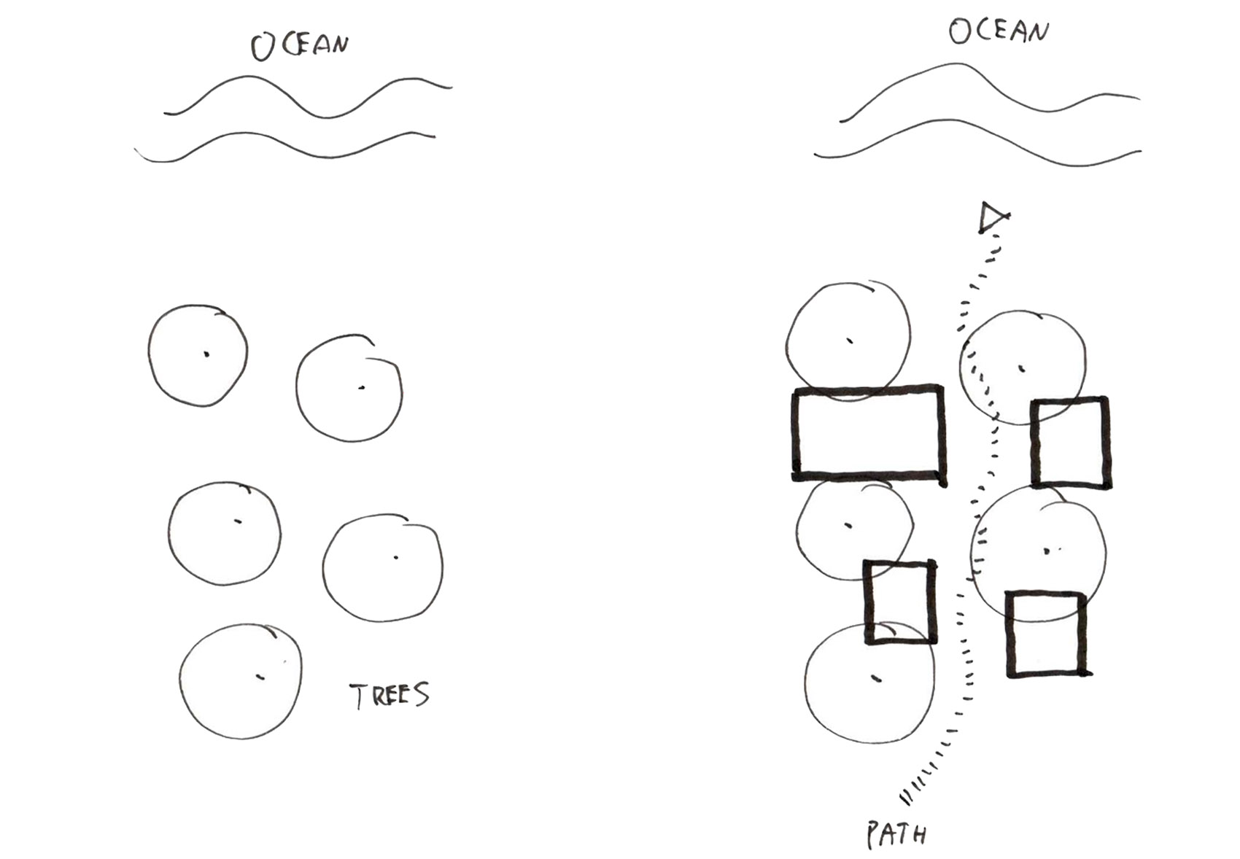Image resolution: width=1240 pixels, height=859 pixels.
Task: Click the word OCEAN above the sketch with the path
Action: point(999,31)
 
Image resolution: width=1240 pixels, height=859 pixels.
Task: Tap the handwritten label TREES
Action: point(390,696)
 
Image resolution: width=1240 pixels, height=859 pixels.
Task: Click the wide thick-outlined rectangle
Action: point(869,433)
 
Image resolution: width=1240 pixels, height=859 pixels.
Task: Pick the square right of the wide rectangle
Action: point(1070,443)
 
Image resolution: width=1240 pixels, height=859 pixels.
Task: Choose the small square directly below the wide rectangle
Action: point(900,602)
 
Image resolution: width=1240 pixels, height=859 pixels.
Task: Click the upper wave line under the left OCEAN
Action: point(309,98)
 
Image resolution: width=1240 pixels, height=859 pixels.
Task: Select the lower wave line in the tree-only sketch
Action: point(284,147)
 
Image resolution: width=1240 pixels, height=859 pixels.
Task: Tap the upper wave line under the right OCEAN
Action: point(990,90)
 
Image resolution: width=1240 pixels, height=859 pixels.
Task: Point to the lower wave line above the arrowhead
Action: point(977,143)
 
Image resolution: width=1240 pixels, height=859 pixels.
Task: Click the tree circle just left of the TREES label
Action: point(241,681)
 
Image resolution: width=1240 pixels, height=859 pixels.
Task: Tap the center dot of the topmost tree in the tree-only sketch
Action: point(206,354)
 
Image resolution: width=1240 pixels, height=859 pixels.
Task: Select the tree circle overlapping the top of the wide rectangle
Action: point(848,342)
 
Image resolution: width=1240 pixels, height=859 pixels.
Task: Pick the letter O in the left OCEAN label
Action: point(263,47)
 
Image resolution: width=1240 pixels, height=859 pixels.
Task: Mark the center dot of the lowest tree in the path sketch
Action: point(876,679)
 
